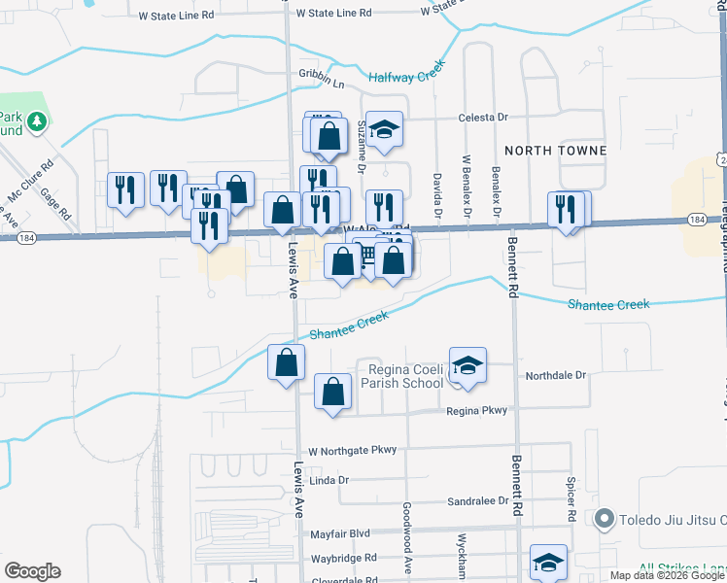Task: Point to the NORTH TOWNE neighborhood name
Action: click(x=555, y=151)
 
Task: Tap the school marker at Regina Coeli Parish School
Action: click(x=467, y=365)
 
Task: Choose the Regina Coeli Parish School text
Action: click(x=402, y=375)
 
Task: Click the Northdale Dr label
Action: click(x=557, y=375)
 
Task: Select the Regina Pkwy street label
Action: click(x=476, y=411)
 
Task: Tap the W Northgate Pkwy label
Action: click(x=353, y=451)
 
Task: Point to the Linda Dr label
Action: click(x=328, y=480)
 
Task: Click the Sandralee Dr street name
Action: click(x=477, y=501)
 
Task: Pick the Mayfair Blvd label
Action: click(x=340, y=534)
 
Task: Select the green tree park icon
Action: click(x=37, y=121)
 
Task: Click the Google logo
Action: click(x=32, y=571)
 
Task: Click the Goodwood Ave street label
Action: click(x=408, y=524)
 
